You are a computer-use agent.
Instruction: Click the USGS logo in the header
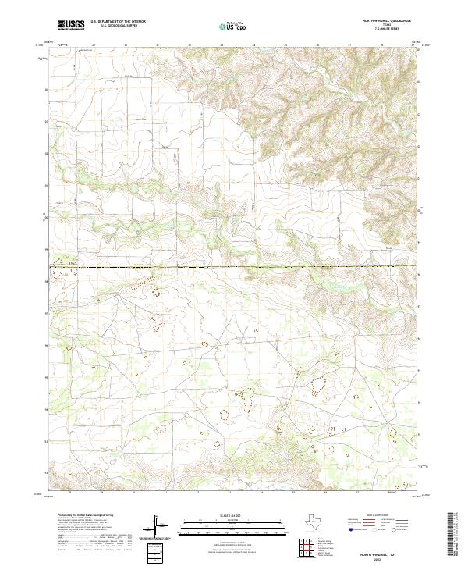72,25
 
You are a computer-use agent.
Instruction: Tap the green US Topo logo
235,26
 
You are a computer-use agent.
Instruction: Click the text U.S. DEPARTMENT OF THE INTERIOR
119,22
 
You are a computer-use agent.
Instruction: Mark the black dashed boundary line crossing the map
234,267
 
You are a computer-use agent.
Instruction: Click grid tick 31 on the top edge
157,46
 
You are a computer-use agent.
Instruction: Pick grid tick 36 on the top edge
317,46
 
